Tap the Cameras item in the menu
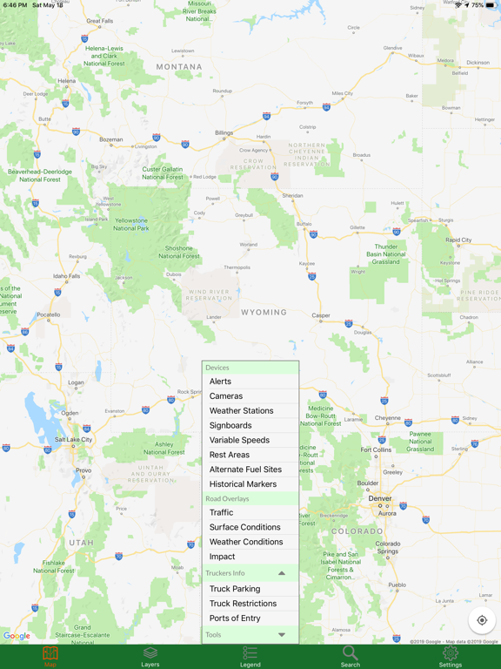(226, 396)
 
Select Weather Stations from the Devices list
(241, 411)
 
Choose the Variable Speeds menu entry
(239, 441)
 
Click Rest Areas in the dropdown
(230, 455)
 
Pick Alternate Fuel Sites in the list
(245, 470)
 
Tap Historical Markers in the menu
(243, 484)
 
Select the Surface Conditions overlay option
(244, 527)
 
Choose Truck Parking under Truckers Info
(235, 589)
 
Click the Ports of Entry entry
(235, 618)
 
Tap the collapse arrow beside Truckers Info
(282, 573)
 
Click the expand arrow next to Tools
(282, 635)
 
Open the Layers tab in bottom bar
(150, 656)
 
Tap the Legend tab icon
(250, 656)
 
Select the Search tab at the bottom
(351, 656)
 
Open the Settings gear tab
(451, 656)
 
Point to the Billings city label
(224, 133)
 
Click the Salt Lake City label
(73, 440)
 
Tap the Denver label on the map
(380, 499)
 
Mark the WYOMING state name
(264, 312)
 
